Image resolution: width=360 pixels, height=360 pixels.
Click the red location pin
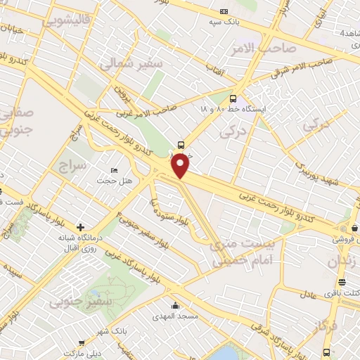(x=181, y=166)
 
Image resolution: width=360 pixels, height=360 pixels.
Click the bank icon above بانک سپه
(x=224, y=11)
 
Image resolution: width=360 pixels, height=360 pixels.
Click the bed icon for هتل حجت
(x=115, y=171)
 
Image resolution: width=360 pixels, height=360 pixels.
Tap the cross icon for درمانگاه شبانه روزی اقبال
(x=81, y=227)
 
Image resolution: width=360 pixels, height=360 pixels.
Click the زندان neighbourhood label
(x=343, y=262)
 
